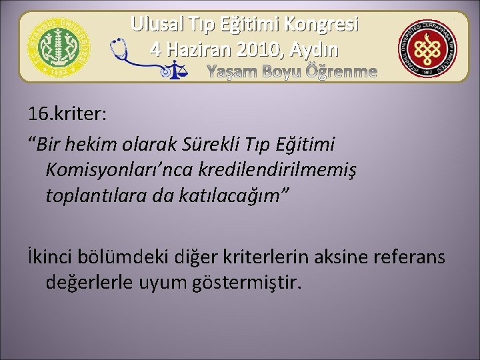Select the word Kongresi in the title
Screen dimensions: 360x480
pos(321,25)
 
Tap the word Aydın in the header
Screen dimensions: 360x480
pos(313,49)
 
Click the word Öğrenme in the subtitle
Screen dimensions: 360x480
pos(341,71)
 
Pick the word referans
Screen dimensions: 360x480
pos(414,257)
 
